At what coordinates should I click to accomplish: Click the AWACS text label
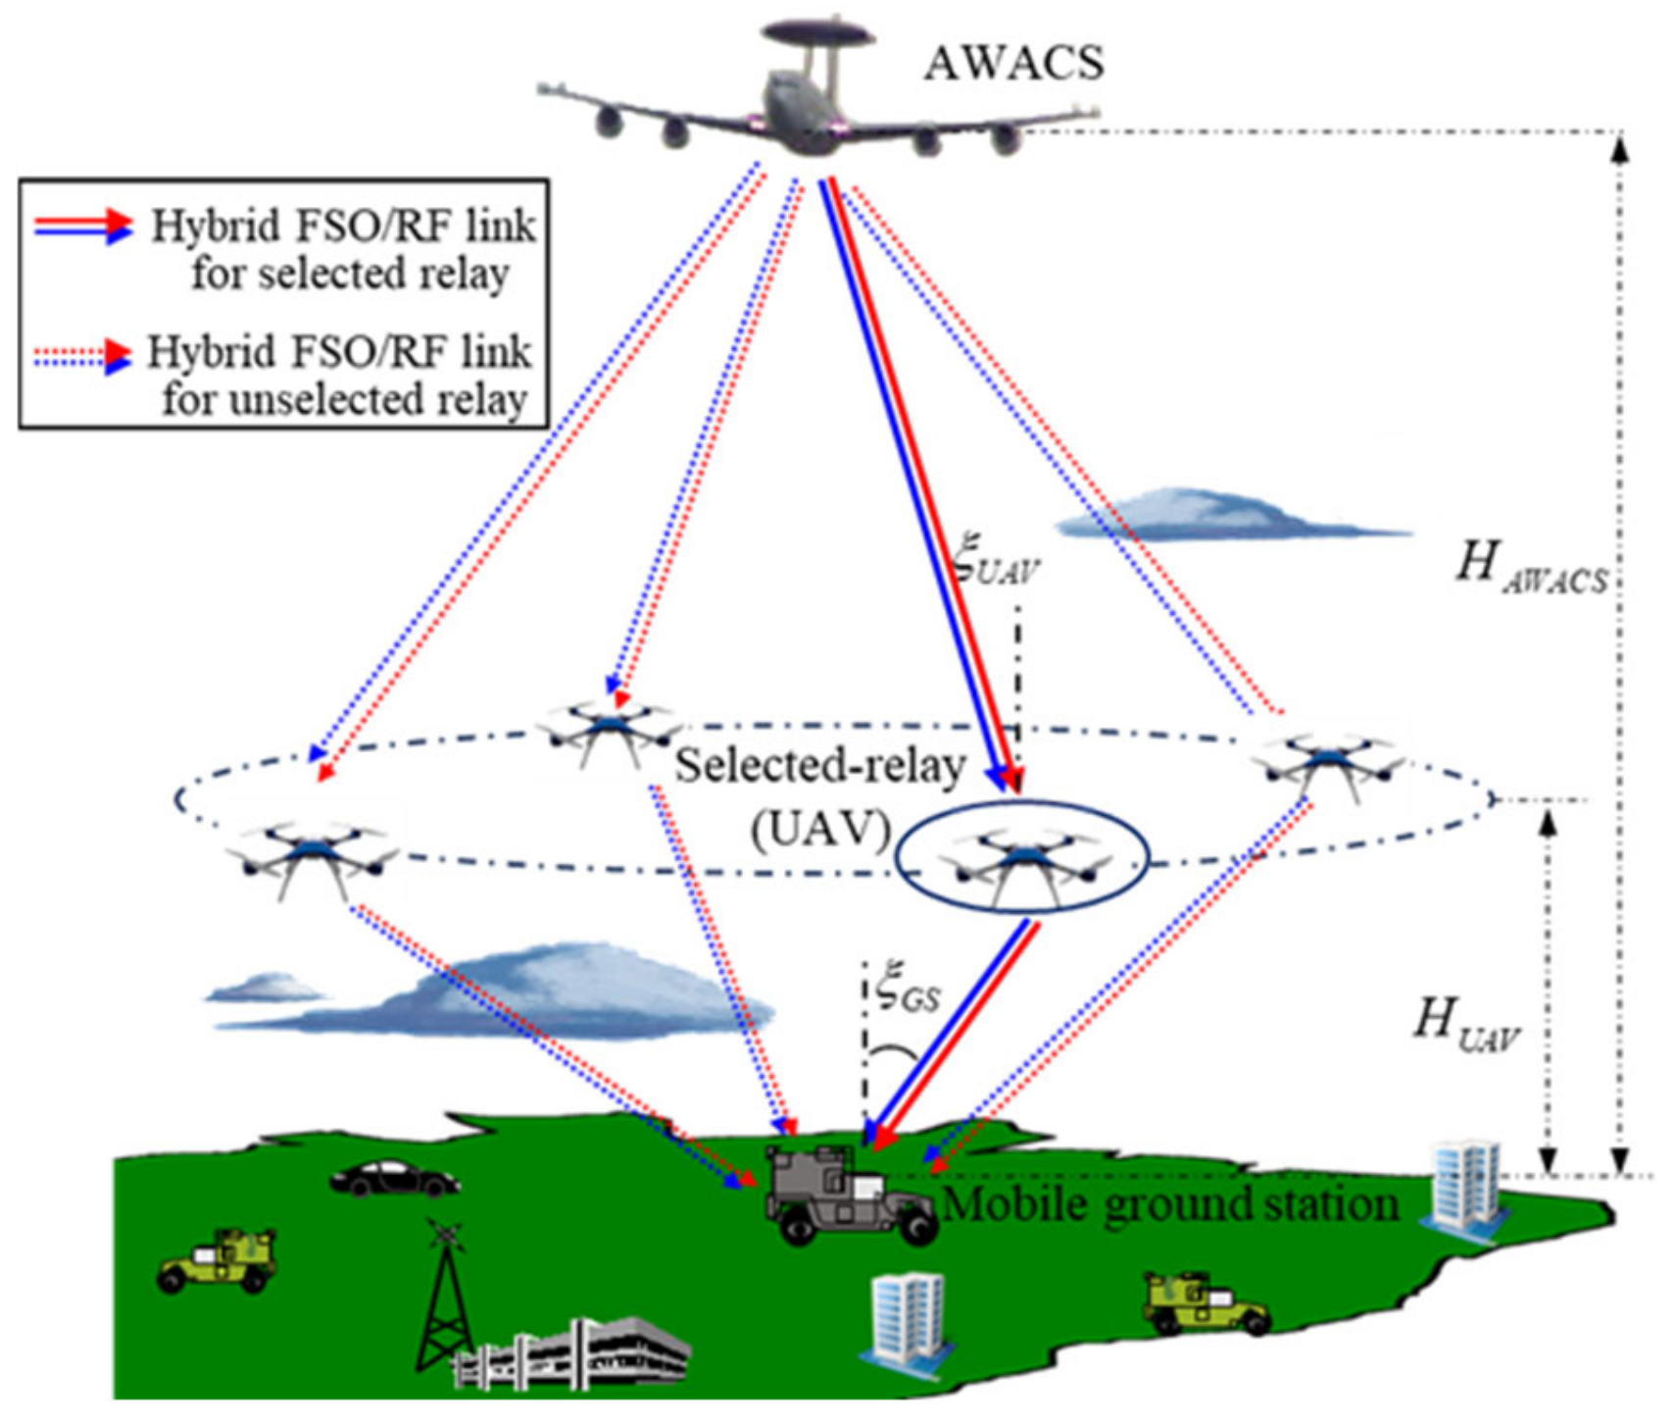[x=1013, y=64]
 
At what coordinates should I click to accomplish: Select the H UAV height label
[x=1465, y=1024]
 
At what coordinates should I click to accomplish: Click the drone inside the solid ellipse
[x=1022, y=859]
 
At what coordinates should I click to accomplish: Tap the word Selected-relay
[x=819, y=765]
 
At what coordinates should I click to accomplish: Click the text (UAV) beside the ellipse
[x=819, y=830]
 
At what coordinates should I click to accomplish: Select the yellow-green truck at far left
[x=219, y=1260]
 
